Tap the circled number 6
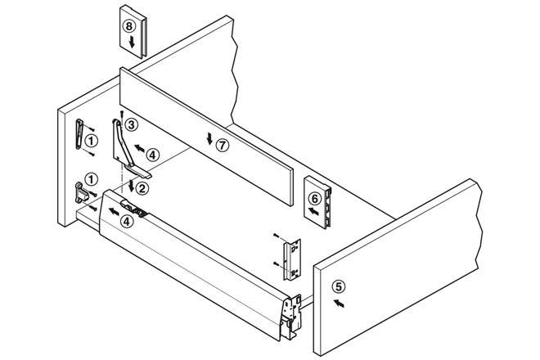tap(314, 197)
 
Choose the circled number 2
tap(142, 189)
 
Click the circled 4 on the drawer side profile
tap(125, 218)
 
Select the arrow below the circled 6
tap(313, 211)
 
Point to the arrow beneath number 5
tap(340, 303)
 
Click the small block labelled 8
tap(133, 31)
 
